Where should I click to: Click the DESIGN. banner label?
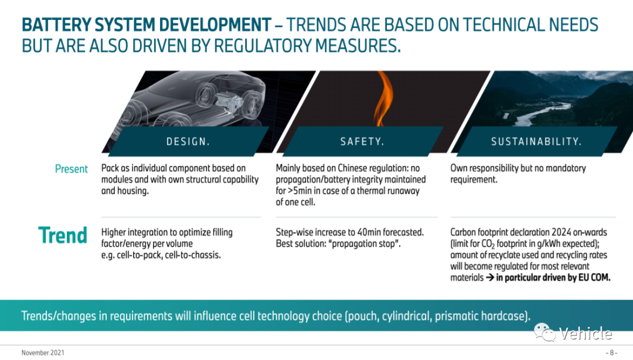(188, 141)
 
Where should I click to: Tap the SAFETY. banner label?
(362, 141)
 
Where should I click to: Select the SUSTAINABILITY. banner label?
(536, 141)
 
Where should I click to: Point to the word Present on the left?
(71, 168)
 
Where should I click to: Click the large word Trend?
(63, 235)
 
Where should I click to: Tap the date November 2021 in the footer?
(43, 353)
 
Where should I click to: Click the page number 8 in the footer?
(611, 353)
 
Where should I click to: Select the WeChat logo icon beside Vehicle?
(545, 332)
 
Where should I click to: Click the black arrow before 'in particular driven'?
(489, 277)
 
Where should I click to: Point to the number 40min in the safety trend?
(369, 232)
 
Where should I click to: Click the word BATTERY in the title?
(56, 25)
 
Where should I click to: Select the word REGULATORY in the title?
(262, 46)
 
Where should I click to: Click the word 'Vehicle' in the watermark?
(586, 334)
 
